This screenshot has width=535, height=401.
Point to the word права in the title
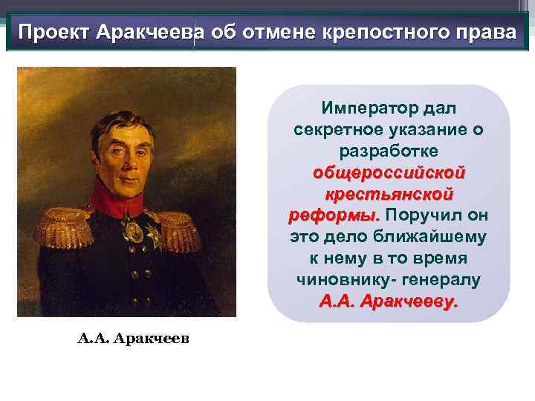[x=484, y=33]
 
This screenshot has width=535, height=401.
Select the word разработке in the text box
[x=389, y=151]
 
